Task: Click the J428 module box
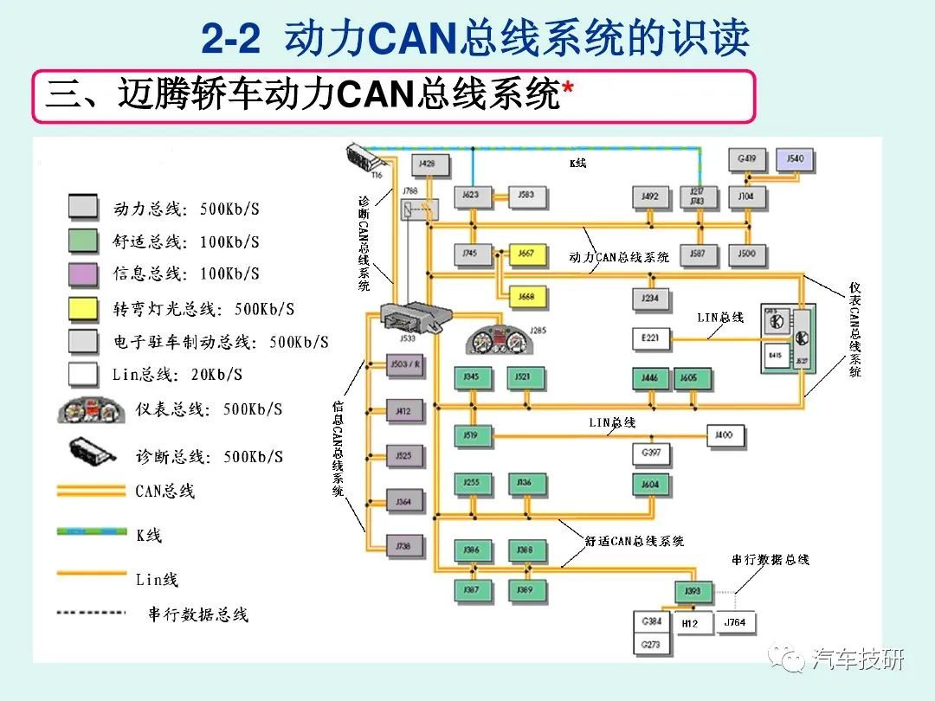(427, 163)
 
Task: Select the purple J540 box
(796, 159)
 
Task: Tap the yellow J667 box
(526, 254)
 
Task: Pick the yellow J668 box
(526, 297)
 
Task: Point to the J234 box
(650, 299)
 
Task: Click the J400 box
(724, 434)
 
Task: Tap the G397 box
(651, 453)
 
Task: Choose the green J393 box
(693, 592)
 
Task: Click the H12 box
(690, 623)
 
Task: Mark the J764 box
(734, 623)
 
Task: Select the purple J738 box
(404, 546)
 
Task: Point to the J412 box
(404, 412)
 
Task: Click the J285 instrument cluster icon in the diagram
(498, 338)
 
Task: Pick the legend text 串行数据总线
(198, 614)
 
